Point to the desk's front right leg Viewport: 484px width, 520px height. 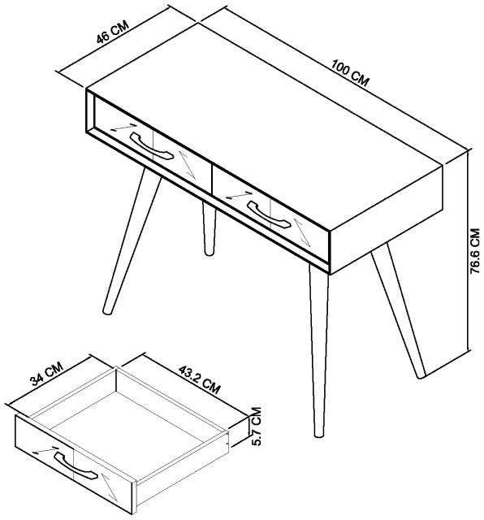coord(318,349)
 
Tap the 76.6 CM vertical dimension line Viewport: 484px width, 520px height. coord(469,252)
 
